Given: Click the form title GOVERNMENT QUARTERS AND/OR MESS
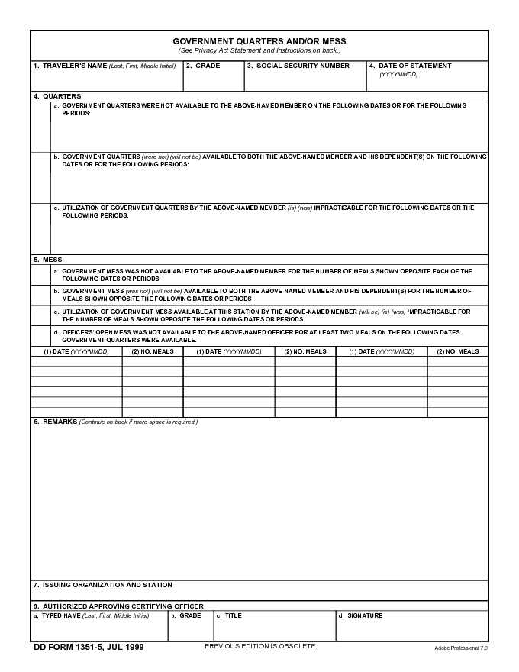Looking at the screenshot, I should [x=259, y=41].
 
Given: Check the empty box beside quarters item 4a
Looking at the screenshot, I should [x=41, y=127].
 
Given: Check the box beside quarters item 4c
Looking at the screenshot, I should [x=41, y=228].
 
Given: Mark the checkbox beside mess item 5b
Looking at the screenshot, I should [x=41, y=296].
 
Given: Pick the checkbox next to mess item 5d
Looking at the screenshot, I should [x=41, y=336].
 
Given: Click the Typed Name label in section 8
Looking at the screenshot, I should [x=61, y=615].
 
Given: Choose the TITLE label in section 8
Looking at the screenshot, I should [x=233, y=615].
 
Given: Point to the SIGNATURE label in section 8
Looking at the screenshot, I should [x=365, y=615].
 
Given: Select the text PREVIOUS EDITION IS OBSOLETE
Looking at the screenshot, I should [x=260, y=646].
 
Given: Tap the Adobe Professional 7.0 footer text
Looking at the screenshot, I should [x=460, y=648].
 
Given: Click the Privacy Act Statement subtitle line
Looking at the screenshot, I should [x=259, y=50].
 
